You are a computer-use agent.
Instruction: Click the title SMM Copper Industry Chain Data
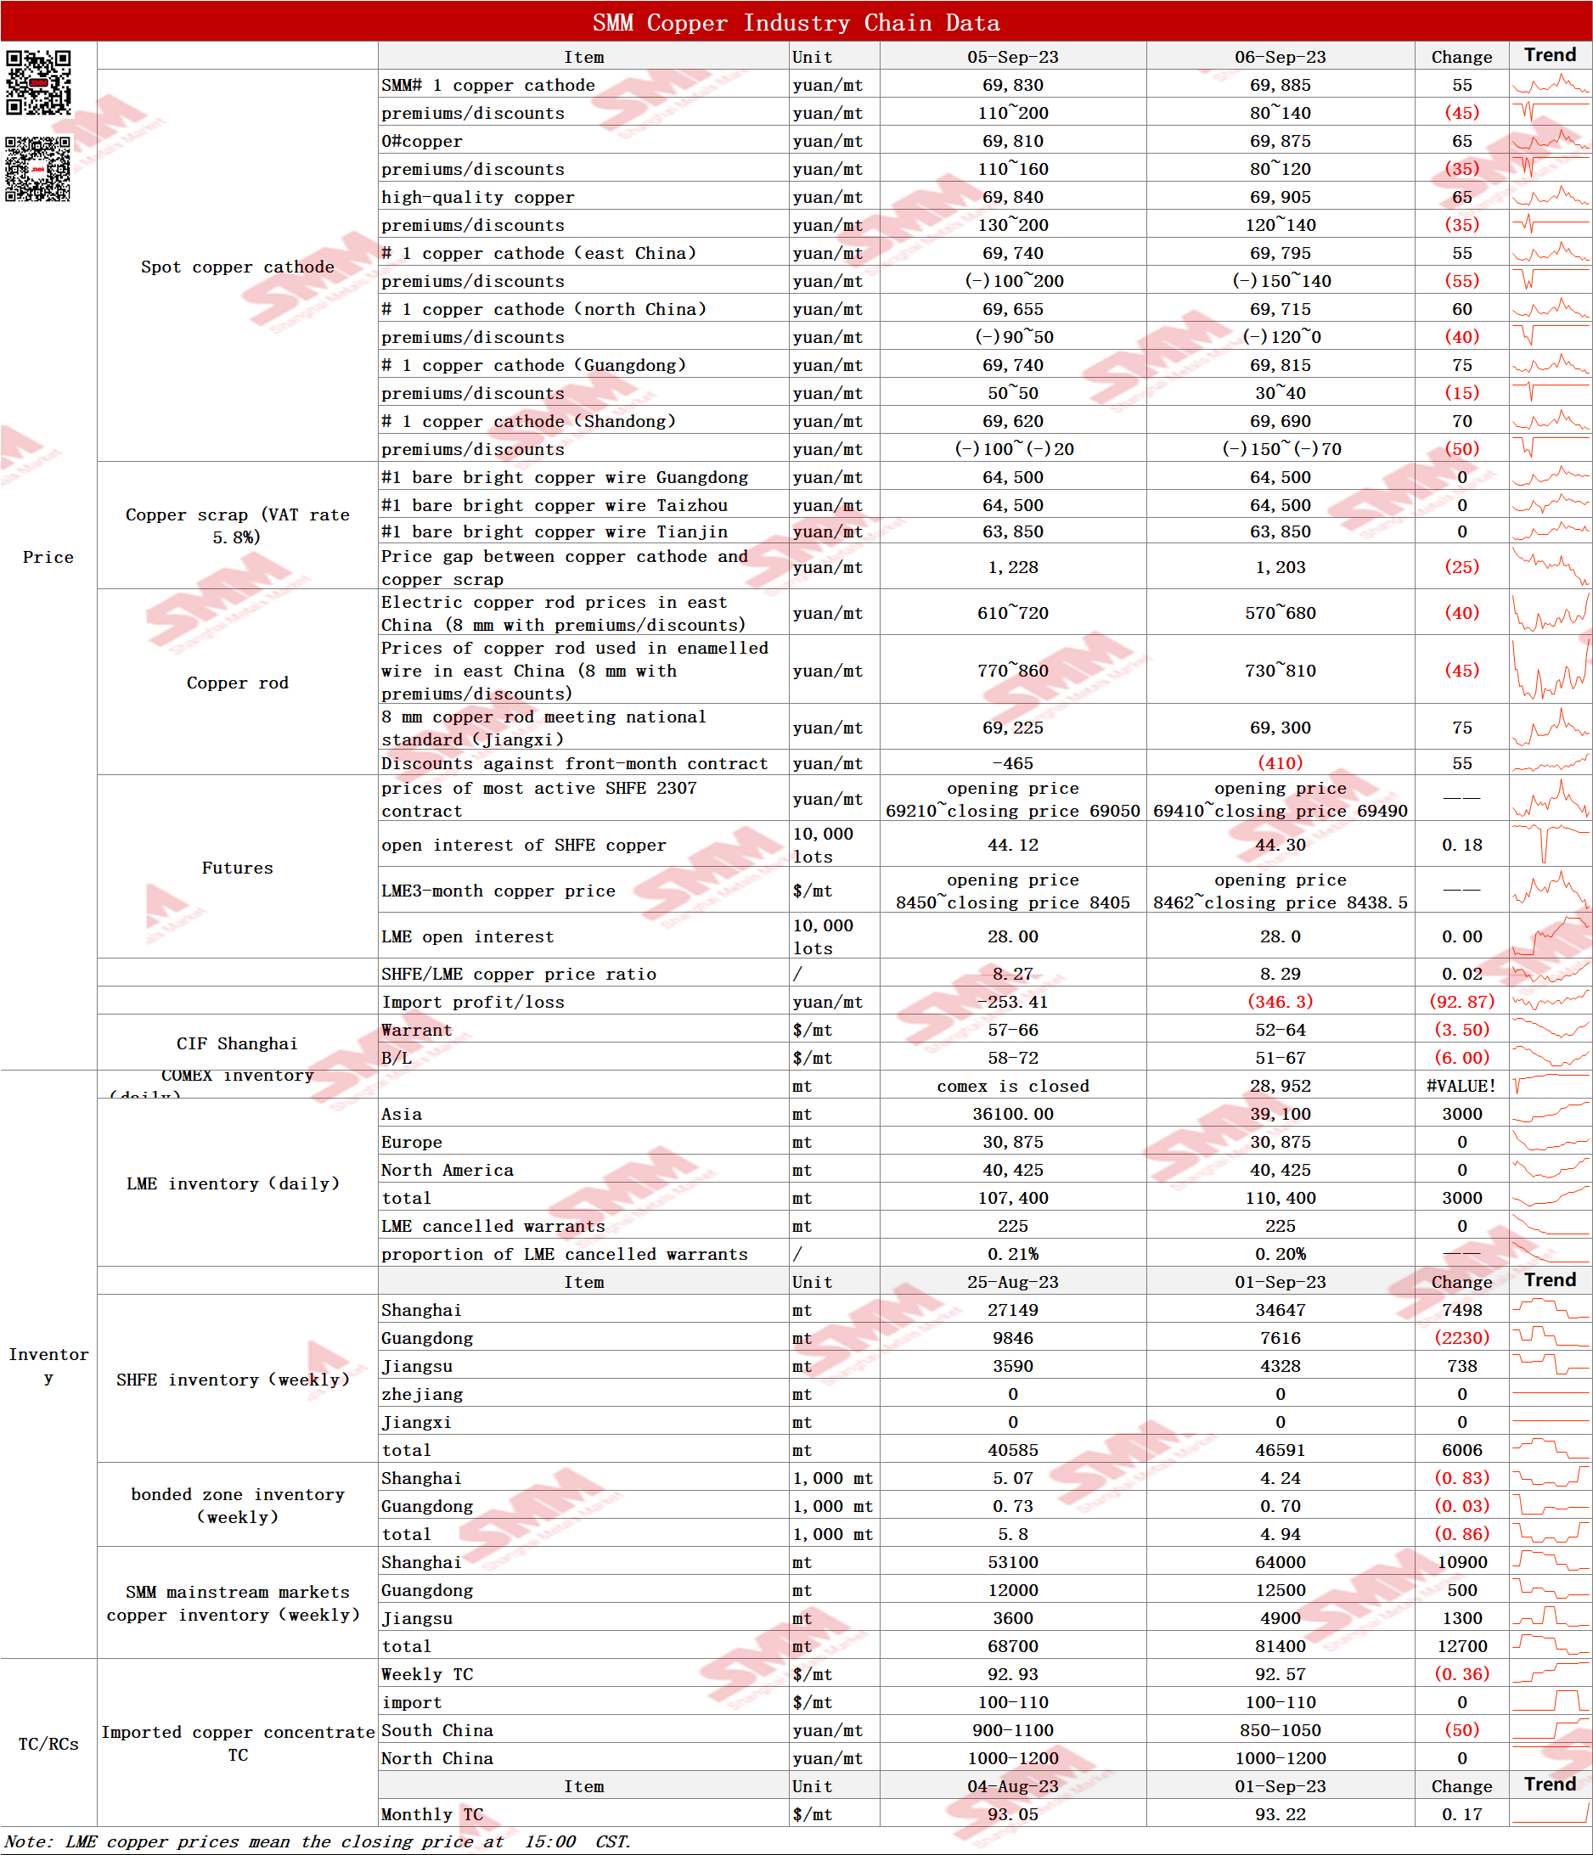click(795, 22)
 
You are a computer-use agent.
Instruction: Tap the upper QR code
click(38, 82)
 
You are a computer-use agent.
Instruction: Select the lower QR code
click(37, 168)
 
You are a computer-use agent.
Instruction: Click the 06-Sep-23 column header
click(1280, 56)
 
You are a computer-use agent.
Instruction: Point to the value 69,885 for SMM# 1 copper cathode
click(1280, 85)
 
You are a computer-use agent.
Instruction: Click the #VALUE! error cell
click(1461, 1086)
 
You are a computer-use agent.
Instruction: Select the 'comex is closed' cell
click(1012, 1086)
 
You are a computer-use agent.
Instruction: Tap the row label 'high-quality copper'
click(477, 197)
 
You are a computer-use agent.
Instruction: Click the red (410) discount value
click(1280, 762)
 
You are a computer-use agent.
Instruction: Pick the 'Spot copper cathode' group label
click(237, 267)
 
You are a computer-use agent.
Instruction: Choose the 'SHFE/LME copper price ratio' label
click(519, 974)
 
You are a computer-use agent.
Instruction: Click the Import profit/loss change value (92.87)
click(1461, 1002)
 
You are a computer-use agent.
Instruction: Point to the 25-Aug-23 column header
click(1012, 1282)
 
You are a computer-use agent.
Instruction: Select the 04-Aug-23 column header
click(1012, 1786)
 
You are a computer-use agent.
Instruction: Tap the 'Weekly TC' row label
click(426, 1674)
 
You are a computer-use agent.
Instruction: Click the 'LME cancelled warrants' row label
click(493, 1227)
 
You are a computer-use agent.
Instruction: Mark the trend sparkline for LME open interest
click(1550, 936)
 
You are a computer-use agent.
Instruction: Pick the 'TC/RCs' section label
click(48, 1744)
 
